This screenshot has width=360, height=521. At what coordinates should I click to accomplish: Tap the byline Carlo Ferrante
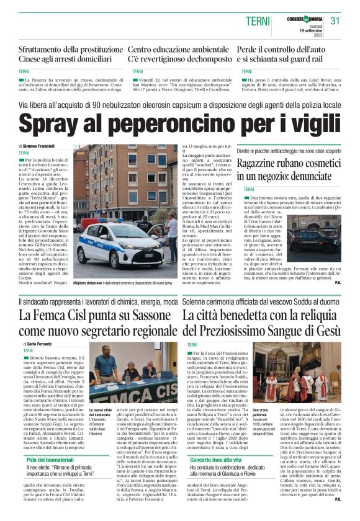(40, 343)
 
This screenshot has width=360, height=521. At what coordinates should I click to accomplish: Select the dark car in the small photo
(320, 239)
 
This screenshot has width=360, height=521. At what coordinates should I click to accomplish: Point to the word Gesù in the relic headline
(325, 329)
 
